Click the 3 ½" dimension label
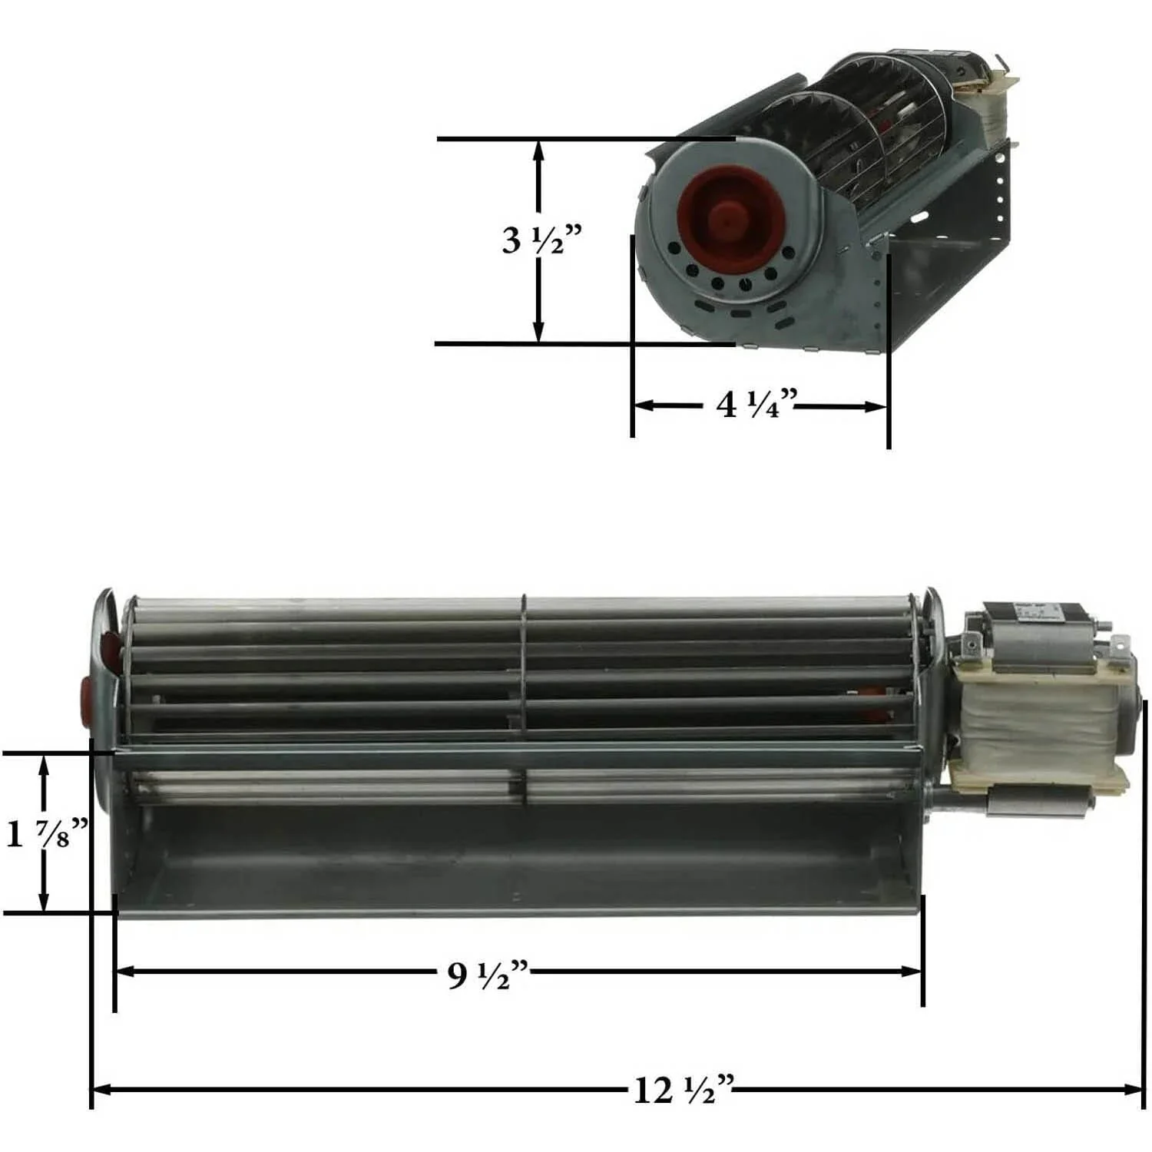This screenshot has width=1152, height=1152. coord(541,240)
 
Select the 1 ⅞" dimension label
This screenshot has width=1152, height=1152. coord(46,833)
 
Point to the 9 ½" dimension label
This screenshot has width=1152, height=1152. coord(488,975)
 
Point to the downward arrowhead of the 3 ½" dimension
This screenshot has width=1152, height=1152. coord(539,333)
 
